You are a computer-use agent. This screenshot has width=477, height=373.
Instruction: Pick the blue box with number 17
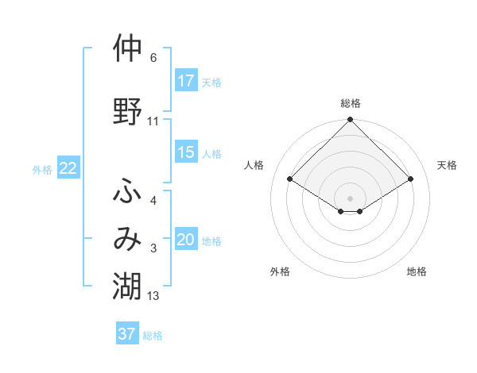coord(186,80)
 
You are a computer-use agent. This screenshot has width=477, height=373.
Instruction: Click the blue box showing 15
coord(186,153)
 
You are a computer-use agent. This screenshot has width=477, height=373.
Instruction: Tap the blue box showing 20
coord(186,240)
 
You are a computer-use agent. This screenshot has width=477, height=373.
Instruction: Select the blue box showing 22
coord(68,167)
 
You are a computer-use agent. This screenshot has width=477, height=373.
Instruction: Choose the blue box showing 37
coord(127,334)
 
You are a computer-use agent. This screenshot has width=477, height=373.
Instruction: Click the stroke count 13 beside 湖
coord(153,296)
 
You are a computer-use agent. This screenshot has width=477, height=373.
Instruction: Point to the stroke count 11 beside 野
coord(153,121)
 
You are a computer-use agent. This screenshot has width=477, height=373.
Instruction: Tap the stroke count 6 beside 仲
coord(153,59)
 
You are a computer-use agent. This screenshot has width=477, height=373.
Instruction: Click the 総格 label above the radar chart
coord(351,103)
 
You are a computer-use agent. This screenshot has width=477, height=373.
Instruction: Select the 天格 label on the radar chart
coord(448,165)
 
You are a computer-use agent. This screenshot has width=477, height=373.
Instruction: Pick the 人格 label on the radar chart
coord(254,165)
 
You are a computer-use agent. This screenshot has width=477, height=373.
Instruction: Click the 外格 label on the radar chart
coord(279,271)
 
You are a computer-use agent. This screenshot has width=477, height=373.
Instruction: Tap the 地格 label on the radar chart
coord(417,271)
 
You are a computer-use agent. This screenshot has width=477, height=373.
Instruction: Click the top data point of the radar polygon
coord(351,120)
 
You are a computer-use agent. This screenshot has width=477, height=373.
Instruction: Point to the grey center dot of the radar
coord(351,198)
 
